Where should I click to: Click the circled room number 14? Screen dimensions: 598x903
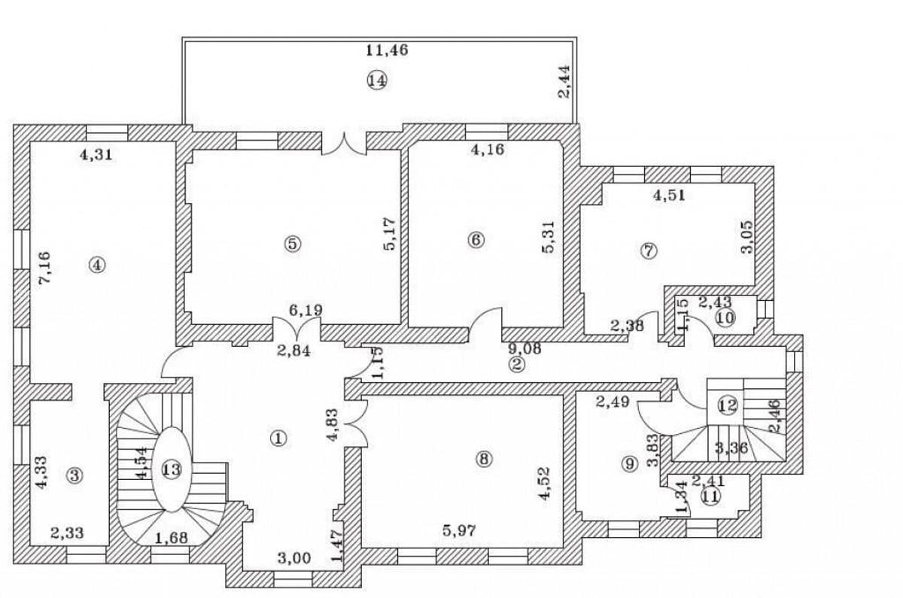(x=377, y=80)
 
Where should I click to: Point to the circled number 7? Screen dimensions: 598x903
(x=649, y=250)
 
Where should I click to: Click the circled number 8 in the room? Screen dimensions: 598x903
(x=482, y=458)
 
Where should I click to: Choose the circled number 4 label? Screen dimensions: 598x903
(x=97, y=264)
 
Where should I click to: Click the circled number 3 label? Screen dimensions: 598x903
(x=73, y=475)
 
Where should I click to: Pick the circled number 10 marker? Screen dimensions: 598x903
(x=725, y=317)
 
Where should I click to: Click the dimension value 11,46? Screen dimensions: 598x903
(x=380, y=51)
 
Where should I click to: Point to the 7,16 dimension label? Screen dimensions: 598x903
(x=44, y=268)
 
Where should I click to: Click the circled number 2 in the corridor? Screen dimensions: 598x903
(x=516, y=364)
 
